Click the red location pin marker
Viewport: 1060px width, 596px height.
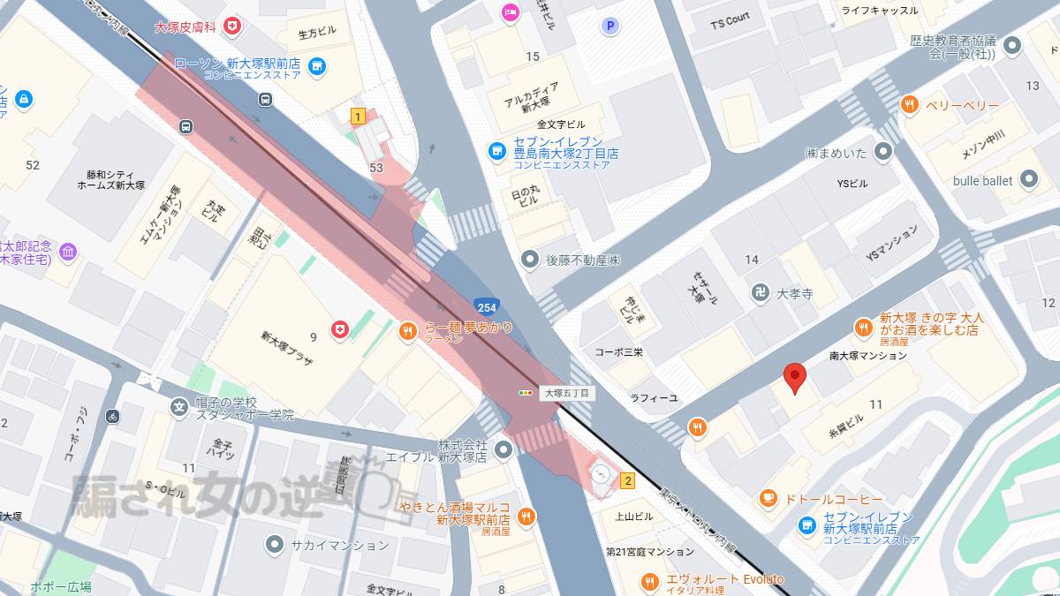795,378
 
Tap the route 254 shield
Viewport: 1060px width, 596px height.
486,307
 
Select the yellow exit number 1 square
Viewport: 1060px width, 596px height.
358,116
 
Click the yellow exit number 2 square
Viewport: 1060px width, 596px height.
628,481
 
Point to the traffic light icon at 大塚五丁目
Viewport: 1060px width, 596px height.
526,392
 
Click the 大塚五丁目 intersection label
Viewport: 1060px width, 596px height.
566,393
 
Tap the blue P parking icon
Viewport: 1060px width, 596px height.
609,26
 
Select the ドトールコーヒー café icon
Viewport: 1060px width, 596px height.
768,499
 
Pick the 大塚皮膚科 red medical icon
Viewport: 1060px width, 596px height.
232,27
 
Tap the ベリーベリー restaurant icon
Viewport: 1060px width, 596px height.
909,106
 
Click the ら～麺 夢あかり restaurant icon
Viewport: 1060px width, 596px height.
406,332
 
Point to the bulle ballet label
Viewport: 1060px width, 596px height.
982,180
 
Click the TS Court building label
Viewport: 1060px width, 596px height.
730,17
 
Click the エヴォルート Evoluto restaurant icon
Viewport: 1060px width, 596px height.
649,581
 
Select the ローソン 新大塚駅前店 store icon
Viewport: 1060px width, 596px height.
317,66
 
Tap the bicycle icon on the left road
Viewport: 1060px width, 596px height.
112,415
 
